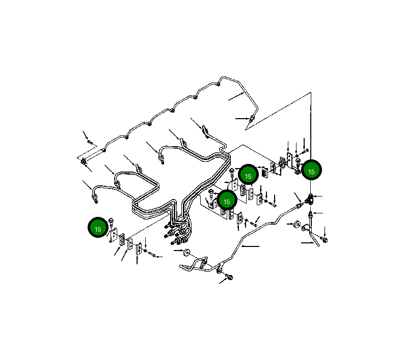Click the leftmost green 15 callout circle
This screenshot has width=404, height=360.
pos(98,228)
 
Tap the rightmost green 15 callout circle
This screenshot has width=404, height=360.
pos(311,170)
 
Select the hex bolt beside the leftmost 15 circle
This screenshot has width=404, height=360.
pos(111,222)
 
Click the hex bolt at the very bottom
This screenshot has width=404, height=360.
pos(230,277)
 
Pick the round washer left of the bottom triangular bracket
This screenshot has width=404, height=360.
pos(186,253)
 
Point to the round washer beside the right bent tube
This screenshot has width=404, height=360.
pos(297,224)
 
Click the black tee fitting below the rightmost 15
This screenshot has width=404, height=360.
pos(310,199)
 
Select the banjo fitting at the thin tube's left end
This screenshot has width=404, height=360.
pos(84,162)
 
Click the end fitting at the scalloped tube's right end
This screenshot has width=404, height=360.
pos(252,119)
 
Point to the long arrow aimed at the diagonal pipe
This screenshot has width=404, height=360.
pos(251,246)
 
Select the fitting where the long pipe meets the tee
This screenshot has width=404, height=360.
pos(300,206)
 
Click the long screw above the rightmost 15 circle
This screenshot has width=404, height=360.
pos(304,151)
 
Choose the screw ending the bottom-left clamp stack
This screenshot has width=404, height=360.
pos(152,255)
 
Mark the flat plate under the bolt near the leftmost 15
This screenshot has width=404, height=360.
pos(114,235)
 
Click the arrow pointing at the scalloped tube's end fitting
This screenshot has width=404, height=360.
pos(243,119)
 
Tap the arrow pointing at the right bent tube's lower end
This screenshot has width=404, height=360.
pos(307,242)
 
